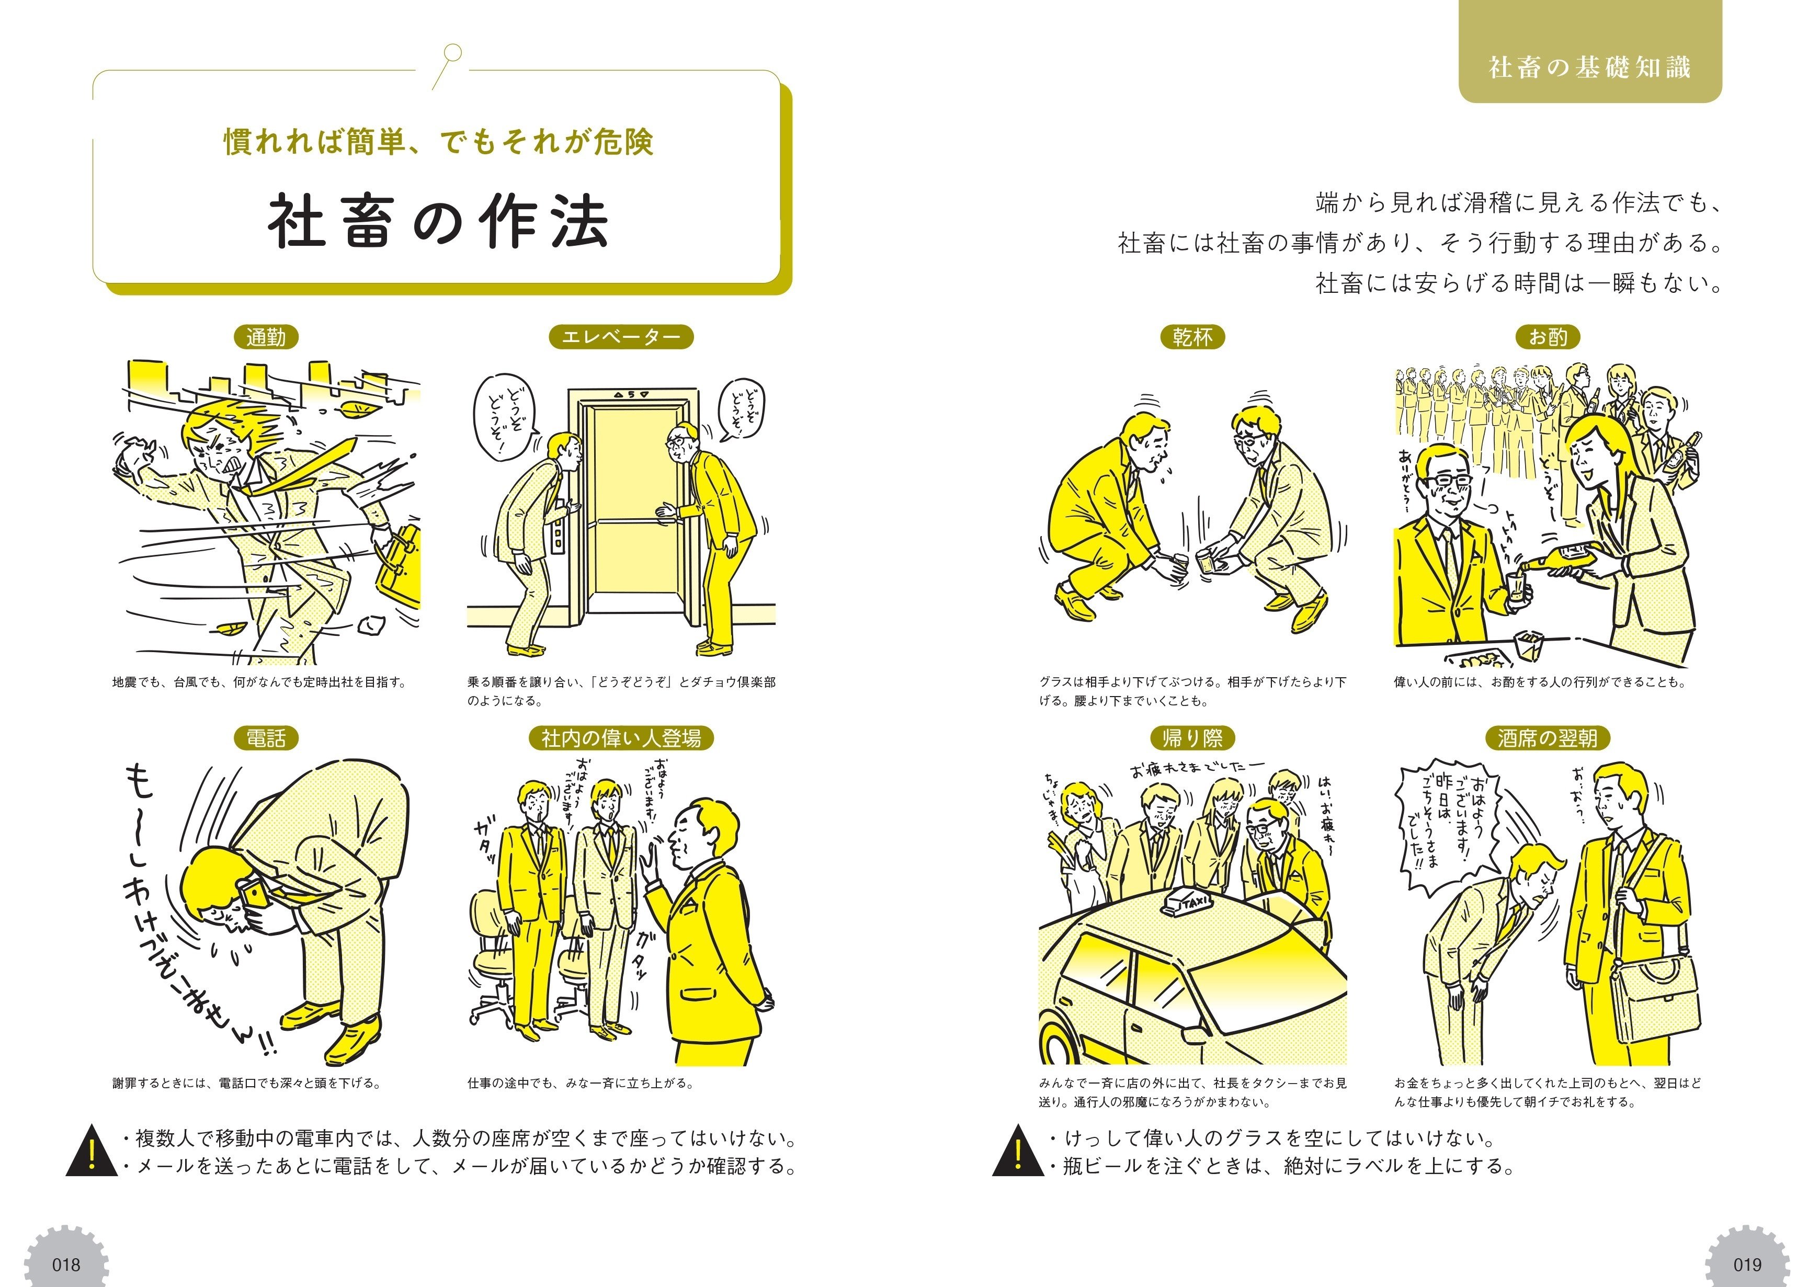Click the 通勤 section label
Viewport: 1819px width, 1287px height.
click(266, 337)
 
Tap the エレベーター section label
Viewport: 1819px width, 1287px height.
click(621, 337)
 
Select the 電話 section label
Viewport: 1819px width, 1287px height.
click(266, 738)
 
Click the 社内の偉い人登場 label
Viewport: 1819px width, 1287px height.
click(621, 738)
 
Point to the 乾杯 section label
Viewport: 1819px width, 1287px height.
click(1192, 337)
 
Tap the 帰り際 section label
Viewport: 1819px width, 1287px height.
click(1192, 738)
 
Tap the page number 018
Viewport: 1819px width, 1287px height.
click(66, 1263)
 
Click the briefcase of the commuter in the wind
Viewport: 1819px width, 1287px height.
click(399, 563)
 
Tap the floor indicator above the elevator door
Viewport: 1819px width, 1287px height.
click(631, 394)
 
